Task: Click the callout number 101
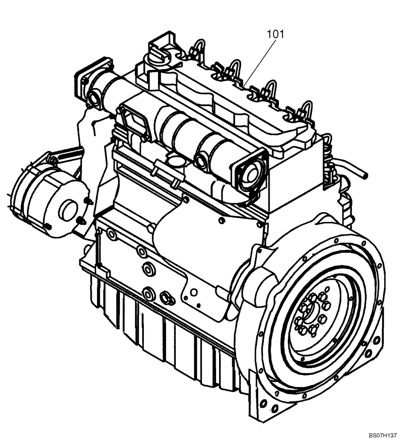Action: (x=276, y=34)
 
